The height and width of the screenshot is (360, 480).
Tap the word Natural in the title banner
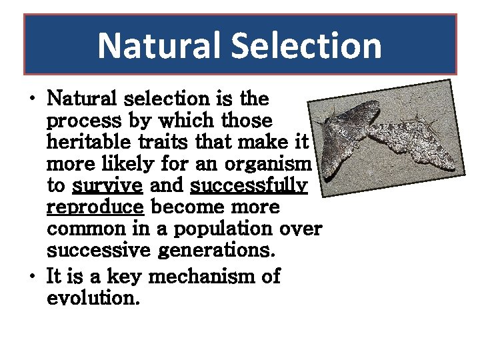click(x=159, y=46)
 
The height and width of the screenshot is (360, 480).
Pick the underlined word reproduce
click(x=95, y=207)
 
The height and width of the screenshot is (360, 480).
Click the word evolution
click(x=93, y=297)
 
